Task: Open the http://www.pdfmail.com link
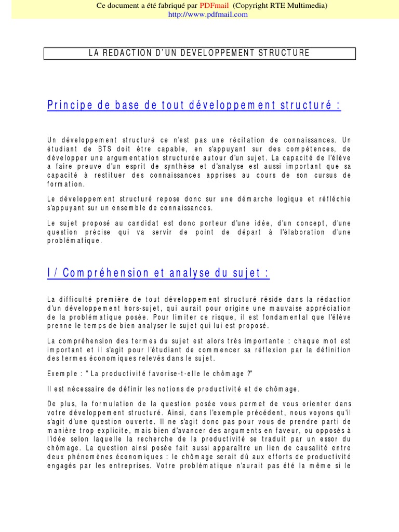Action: click(208, 15)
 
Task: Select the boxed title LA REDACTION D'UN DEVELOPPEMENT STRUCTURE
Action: click(199, 53)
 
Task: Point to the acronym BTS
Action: click(115, 149)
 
